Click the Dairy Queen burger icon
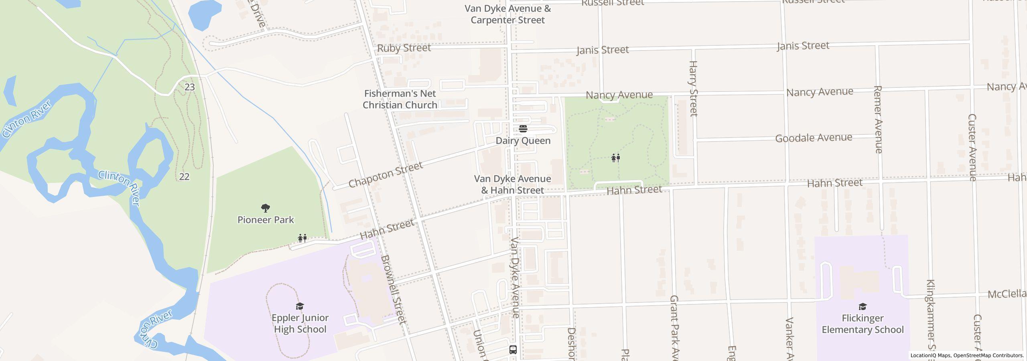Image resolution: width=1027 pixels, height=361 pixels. pyautogui.click(x=523, y=129)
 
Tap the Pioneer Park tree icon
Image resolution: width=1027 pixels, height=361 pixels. pyautogui.click(x=265, y=208)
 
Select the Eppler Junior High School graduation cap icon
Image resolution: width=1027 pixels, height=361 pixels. pyautogui.click(x=300, y=306)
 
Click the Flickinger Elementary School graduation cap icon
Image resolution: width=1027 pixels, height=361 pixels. pyautogui.click(x=863, y=307)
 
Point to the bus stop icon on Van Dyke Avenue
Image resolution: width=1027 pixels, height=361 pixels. pyautogui.click(x=513, y=349)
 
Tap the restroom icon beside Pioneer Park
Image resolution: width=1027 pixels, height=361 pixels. pyautogui.click(x=302, y=238)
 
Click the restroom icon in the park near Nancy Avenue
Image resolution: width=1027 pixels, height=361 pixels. pyautogui.click(x=616, y=158)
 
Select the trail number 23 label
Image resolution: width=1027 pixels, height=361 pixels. pyautogui.click(x=190, y=87)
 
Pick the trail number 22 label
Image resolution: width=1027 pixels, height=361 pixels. pyautogui.click(x=184, y=176)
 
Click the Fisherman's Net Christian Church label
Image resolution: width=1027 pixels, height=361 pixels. pyautogui.click(x=400, y=99)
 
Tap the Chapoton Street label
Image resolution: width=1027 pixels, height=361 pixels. pyautogui.click(x=385, y=175)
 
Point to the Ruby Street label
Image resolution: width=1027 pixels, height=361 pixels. pyautogui.click(x=404, y=48)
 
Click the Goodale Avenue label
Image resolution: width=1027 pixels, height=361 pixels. pyautogui.click(x=814, y=138)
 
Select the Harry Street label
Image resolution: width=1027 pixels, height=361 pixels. pyautogui.click(x=693, y=88)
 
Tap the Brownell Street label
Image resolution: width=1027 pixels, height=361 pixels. pyautogui.click(x=394, y=289)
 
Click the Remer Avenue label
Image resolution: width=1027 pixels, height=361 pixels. pyautogui.click(x=878, y=119)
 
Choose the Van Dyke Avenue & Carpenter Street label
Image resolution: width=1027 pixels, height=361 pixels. pyautogui.click(x=507, y=14)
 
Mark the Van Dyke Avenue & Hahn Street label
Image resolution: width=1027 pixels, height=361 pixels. pyautogui.click(x=512, y=185)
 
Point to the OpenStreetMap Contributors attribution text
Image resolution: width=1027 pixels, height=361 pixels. pyautogui.click(x=988, y=355)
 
